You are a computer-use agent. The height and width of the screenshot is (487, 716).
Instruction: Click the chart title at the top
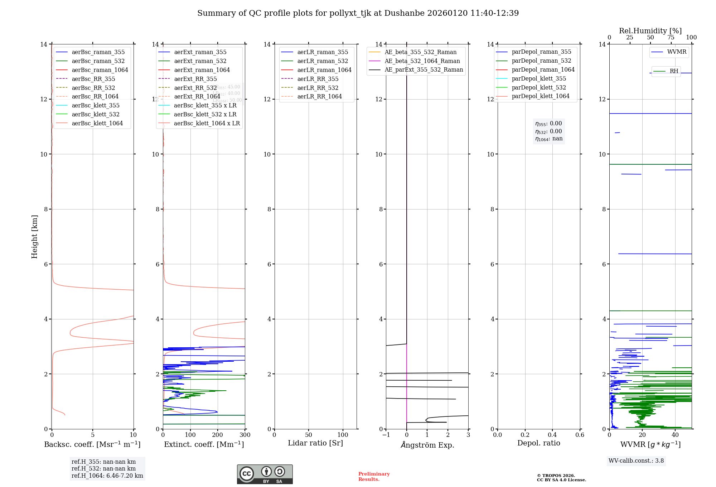pos(358,13)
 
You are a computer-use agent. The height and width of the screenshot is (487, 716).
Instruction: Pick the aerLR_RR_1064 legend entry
pos(319,96)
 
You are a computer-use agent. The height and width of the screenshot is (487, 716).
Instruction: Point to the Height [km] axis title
pos(34,237)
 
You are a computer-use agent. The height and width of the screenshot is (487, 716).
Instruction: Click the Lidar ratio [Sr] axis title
pos(315,443)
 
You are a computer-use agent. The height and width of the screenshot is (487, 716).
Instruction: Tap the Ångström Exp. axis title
pos(427,445)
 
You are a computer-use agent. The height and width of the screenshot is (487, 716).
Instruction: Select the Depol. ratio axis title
pos(539,443)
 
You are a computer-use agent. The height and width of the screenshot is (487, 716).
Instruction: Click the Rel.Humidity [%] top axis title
pos(650,31)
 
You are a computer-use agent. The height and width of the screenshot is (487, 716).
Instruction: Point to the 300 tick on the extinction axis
pos(245,435)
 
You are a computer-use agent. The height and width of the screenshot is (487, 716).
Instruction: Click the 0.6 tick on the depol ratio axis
pos(580,435)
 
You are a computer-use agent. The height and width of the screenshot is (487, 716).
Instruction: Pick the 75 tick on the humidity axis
pos(671,38)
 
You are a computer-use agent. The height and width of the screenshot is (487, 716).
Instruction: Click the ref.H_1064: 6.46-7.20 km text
pos(107,476)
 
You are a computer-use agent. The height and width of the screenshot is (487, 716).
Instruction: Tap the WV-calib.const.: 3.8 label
pos(636,461)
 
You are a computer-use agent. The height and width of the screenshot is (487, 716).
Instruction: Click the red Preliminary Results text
pos(374,476)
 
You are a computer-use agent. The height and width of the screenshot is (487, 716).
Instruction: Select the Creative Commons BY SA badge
pos(265,474)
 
